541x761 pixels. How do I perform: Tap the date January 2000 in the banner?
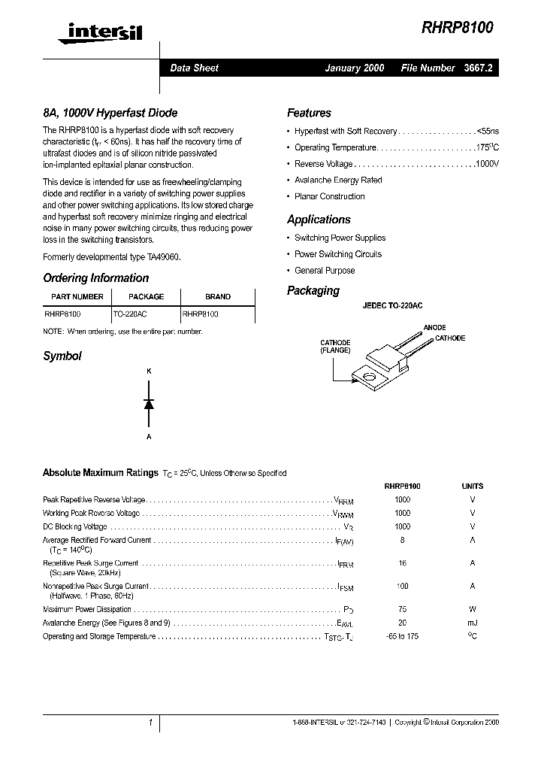coord(354,68)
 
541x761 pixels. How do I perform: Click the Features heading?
coord(309,113)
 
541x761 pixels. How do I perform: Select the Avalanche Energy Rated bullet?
coord(337,180)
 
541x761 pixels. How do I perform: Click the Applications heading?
coord(319,220)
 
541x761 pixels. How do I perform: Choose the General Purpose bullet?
coord(325,271)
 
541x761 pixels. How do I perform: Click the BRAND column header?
coord(218,296)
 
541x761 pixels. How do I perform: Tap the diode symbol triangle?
coord(149,404)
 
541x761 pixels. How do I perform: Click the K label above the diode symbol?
coord(149,371)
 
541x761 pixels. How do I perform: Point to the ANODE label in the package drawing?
coord(434,328)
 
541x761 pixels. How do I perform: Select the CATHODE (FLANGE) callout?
coord(335,347)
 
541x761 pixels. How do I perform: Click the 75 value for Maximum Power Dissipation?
coord(402,610)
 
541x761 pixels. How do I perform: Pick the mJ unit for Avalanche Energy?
coord(472,623)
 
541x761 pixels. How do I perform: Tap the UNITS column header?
coord(472,487)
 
